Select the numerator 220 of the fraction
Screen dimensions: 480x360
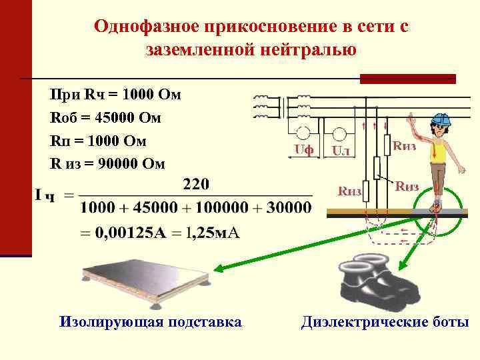[x=196, y=183]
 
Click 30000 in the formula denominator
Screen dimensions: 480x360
[x=289, y=207]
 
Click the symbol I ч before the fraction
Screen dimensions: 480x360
[x=45, y=195]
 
